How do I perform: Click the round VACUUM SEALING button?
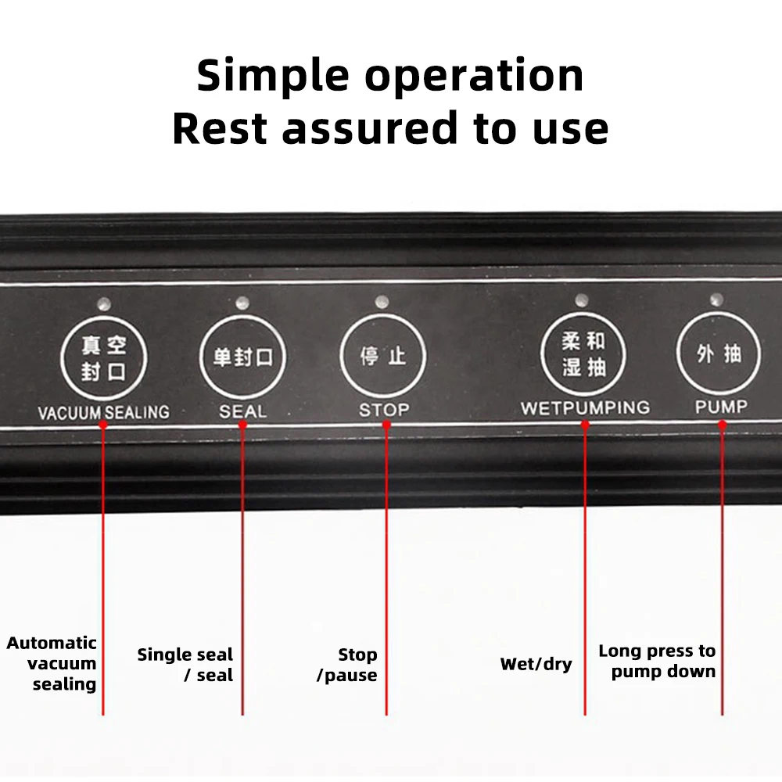pyautogui.click(x=104, y=357)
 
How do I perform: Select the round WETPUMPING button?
pyautogui.click(x=584, y=353)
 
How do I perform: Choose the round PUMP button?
pyautogui.click(x=719, y=354)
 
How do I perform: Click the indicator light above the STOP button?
pyautogui.click(x=382, y=301)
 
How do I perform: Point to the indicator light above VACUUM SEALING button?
pyautogui.click(x=103, y=303)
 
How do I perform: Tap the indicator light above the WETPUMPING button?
pyautogui.click(x=581, y=299)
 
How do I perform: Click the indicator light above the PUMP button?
pyautogui.click(x=716, y=299)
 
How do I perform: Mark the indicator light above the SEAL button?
pyautogui.click(x=242, y=302)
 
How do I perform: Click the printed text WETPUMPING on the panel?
pyautogui.click(x=585, y=407)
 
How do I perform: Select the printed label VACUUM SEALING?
pyautogui.click(x=103, y=411)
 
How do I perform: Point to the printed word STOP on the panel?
pyautogui.click(x=384, y=409)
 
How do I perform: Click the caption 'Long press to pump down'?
pyautogui.click(x=657, y=661)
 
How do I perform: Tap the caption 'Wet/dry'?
pyautogui.click(x=536, y=665)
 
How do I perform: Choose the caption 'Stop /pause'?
pyautogui.click(x=347, y=665)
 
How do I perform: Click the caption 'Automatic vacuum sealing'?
pyautogui.click(x=52, y=663)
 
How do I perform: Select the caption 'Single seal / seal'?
pyautogui.click(x=185, y=665)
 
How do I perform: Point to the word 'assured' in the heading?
pyautogui.click(x=370, y=128)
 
